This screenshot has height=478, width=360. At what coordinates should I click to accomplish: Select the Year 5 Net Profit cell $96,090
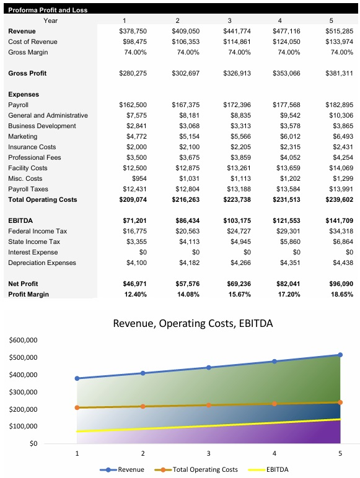(340, 284)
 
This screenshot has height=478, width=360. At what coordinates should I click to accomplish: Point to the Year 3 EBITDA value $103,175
(235, 220)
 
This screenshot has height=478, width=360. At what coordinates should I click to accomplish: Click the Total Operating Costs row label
(43, 199)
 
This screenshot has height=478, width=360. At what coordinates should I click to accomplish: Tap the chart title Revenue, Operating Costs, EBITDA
(192, 323)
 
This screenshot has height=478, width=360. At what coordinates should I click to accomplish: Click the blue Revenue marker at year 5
(340, 355)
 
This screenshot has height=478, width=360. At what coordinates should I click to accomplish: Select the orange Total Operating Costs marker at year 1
(77, 407)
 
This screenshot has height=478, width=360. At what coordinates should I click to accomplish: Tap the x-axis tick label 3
(209, 454)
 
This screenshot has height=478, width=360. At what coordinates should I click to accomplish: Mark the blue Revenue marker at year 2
(143, 373)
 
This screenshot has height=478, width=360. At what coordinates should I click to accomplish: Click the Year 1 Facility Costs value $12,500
(134, 168)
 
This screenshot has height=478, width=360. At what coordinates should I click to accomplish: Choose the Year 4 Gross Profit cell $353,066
(286, 73)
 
